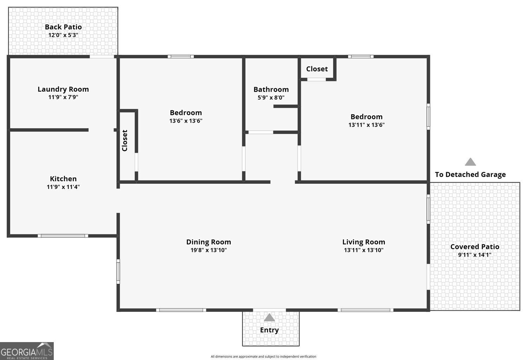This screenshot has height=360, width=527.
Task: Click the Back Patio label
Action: click(63, 27)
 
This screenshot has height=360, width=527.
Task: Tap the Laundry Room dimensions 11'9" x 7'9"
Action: click(63, 97)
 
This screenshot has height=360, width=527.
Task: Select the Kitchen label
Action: click(63, 179)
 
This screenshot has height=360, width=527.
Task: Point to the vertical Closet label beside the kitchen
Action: click(125, 140)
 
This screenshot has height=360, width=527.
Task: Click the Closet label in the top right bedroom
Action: click(317, 69)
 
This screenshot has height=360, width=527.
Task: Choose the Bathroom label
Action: click(271, 90)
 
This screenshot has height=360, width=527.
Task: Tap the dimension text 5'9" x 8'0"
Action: click(271, 98)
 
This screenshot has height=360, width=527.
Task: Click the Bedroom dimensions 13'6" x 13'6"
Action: click(186, 121)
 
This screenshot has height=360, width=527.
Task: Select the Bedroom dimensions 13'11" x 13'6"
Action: click(366, 125)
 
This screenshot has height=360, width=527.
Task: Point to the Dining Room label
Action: click(208, 242)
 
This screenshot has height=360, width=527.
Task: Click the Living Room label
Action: click(364, 242)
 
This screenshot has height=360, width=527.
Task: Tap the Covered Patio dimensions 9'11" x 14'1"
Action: click(475, 255)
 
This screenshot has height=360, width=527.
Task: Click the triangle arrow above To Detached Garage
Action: click(470, 162)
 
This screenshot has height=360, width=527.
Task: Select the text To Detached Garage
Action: click(470, 175)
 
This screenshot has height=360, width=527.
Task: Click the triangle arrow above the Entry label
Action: click(269, 318)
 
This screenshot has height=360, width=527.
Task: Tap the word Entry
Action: click(269, 330)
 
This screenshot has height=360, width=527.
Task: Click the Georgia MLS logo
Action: click(27, 351)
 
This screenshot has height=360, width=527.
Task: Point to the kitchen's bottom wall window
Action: click(63, 236)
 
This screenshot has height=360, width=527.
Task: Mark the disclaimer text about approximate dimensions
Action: click(263, 356)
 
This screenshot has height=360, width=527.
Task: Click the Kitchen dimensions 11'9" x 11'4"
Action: click(63, 187)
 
